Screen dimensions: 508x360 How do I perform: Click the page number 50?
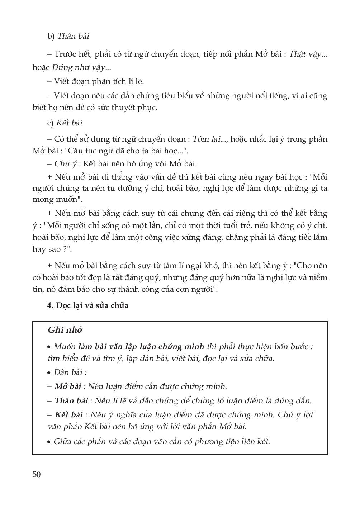pos(37,475)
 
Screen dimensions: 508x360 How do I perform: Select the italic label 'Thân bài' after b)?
pos(73,36)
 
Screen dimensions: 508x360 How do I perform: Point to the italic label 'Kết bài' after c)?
pos(69,123)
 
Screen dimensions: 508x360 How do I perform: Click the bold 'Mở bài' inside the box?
pos(68,386)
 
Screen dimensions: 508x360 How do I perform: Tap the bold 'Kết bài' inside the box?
pos(68,415)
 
